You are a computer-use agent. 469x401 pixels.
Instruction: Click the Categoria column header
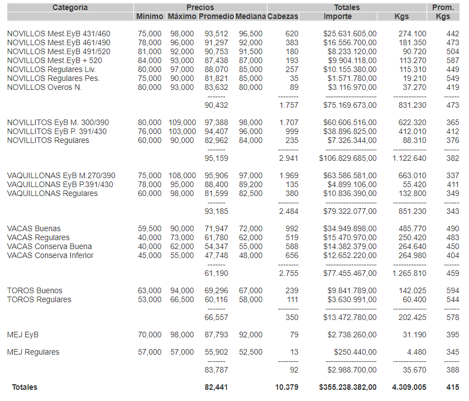point(70,7)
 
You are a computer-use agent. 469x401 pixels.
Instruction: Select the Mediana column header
point(250,16)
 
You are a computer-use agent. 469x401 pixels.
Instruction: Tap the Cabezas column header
point(283,16)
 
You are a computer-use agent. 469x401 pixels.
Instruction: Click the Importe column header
point(338,16)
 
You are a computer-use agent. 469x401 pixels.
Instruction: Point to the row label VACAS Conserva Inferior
point(50,255)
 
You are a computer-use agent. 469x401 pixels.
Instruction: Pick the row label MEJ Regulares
point(33,352)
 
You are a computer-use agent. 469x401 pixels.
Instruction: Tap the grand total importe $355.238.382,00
point(347,386)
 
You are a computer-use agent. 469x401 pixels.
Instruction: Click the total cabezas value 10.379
point(287,386)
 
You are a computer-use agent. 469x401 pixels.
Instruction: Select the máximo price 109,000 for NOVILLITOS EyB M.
point(182,122)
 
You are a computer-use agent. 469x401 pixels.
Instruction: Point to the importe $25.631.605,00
point(350,34)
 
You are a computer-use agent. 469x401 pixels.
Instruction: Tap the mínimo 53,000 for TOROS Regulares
point(150,299)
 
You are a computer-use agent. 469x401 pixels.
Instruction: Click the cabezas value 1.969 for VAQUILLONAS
point(289,175)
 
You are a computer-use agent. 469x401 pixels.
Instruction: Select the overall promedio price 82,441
point(216,386)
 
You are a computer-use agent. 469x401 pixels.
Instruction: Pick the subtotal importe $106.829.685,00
point(347,157)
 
